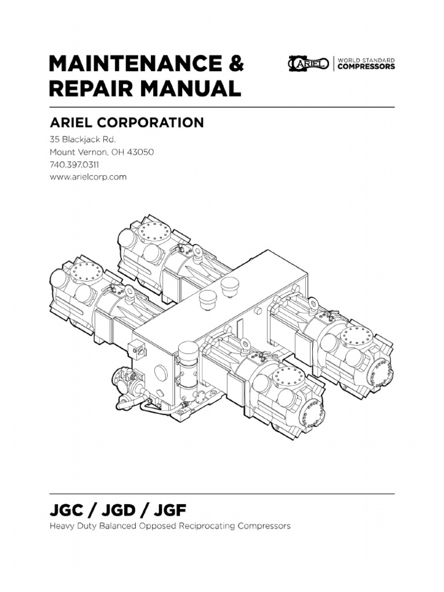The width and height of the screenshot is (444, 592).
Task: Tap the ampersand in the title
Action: [x=235, y=64]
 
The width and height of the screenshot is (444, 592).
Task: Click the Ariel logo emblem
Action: [x=308, y=64]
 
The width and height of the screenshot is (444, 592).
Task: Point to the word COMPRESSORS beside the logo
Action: [x=366, y=67]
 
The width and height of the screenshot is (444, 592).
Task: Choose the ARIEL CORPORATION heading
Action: [x=126, y=123]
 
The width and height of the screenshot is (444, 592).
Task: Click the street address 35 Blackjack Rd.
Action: [x=82, y=140]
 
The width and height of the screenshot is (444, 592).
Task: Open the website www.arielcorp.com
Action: [x=87, y=177]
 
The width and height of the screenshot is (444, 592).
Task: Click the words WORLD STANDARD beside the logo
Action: [x=365, y=60]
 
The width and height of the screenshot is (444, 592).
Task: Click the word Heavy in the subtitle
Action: [x=61, y=527]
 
